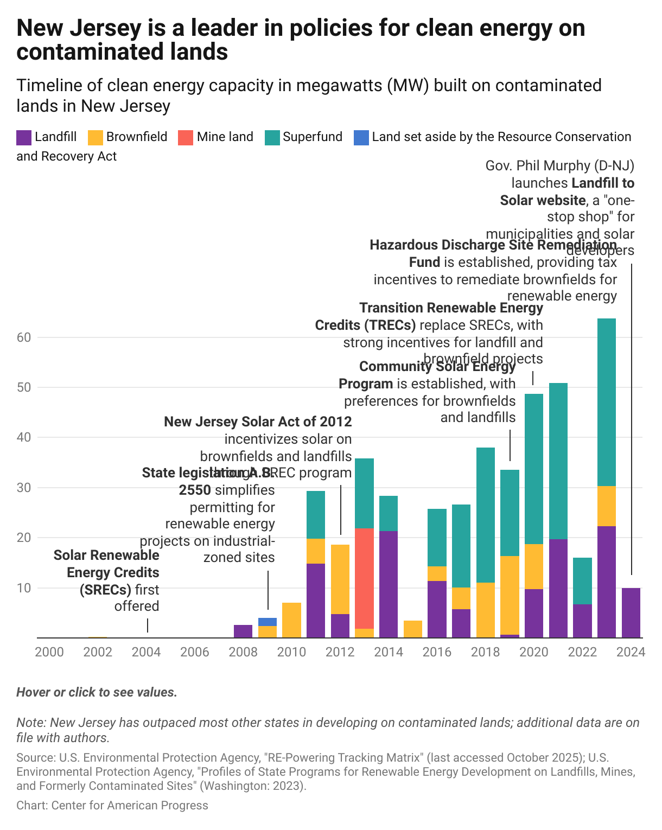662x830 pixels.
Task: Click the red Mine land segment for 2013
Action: coord(364,578)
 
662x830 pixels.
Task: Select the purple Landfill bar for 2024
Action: coord(631,612)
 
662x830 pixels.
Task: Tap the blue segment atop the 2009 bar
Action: coord(267,622)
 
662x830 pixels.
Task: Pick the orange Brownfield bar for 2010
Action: coord(291,620)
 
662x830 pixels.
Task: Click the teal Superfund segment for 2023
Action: coord(606,402)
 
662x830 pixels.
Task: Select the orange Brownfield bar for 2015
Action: coord(413,629)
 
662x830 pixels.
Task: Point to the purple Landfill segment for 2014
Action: coord(389,584)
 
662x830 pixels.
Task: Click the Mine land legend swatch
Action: coord(186,137)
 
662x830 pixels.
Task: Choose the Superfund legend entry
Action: coord(312,137)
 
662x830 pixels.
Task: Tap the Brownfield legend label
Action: coord(136,137)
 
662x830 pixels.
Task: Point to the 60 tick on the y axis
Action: coord(24,337)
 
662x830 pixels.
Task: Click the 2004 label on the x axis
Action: coord(146,652)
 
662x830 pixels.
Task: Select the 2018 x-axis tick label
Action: coord(485,652)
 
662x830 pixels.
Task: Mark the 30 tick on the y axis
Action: coord(24,487)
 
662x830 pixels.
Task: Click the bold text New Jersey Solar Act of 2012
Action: coord(258,422)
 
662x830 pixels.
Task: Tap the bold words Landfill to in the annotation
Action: coord(602,183)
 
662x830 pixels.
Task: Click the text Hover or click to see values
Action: coord(97,692)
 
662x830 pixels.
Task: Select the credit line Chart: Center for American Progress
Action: coord(112,805)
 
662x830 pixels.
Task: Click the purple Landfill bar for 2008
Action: coord(243,631)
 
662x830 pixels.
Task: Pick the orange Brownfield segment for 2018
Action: coord(486,610)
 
